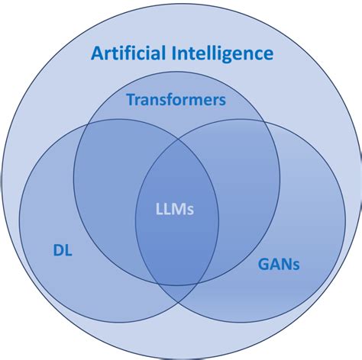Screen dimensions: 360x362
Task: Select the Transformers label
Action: [x=176, y=100]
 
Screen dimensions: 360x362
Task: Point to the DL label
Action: [x=63, y=251]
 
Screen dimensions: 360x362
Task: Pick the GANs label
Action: [x=279, y=265]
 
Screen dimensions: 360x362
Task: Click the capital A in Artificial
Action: [x=97, y=53]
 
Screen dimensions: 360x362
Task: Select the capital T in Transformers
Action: [x=130, y=100]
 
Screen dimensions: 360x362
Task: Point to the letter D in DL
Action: [x=58, y=251]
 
